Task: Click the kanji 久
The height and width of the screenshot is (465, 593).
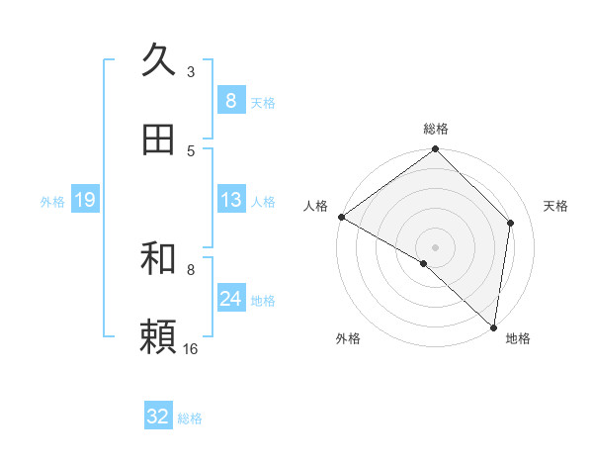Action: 158,60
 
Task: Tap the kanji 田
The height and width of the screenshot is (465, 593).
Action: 158,140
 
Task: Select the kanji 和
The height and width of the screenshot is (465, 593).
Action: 158,258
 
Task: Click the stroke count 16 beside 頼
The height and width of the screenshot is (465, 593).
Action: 191,348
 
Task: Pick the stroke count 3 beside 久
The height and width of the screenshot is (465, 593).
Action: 191,71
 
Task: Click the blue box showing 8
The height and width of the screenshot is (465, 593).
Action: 230,100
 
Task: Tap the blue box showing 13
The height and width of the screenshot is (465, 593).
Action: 230,200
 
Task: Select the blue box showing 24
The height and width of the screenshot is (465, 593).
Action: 230,299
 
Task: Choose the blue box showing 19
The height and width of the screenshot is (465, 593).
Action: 85,200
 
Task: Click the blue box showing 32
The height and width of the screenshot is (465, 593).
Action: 158,417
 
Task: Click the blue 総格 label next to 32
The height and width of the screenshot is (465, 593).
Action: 190,418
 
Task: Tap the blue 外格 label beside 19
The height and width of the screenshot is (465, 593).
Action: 52,202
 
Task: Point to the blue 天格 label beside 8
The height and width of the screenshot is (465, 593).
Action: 263,102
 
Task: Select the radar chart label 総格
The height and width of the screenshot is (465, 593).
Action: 436,129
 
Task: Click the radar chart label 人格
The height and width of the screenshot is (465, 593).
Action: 316,206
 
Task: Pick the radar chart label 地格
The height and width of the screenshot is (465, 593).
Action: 518,339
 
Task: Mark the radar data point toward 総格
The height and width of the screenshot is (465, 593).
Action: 436,150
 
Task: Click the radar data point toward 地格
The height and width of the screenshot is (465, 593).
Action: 493,327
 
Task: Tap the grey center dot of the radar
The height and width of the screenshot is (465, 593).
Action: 436,246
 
